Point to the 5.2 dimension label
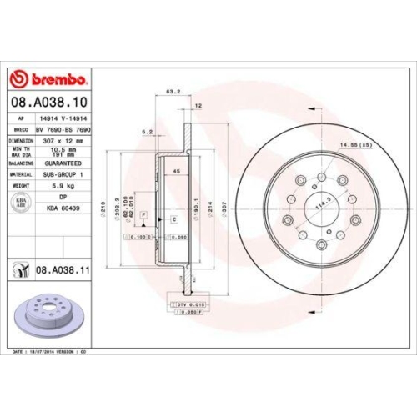[x=147, y=131]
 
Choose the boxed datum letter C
[x=175, y=218]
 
